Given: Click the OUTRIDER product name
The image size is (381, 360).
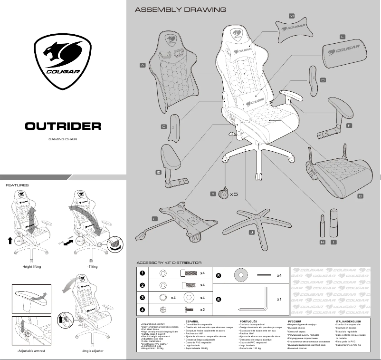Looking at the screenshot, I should coord(63,126).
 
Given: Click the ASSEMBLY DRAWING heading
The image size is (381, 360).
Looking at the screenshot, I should coord(180,10).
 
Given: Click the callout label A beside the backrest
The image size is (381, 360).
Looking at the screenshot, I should coord(143,65).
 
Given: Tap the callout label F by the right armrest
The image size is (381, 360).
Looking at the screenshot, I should coord(349,125).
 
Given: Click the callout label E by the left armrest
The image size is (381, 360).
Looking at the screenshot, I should coord(158,173).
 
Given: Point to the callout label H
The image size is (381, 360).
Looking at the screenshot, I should coord(323,242).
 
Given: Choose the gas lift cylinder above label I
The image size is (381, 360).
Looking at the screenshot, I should coord(333,224).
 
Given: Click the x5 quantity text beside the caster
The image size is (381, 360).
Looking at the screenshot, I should coord(233,195).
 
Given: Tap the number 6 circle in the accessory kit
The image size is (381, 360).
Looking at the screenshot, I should coord(219,300).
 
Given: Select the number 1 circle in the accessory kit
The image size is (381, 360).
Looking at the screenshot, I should coord(142,273).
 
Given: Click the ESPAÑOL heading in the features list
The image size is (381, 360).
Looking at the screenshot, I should coord(192,321).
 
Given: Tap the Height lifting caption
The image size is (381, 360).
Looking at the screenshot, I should coord(32,267).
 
